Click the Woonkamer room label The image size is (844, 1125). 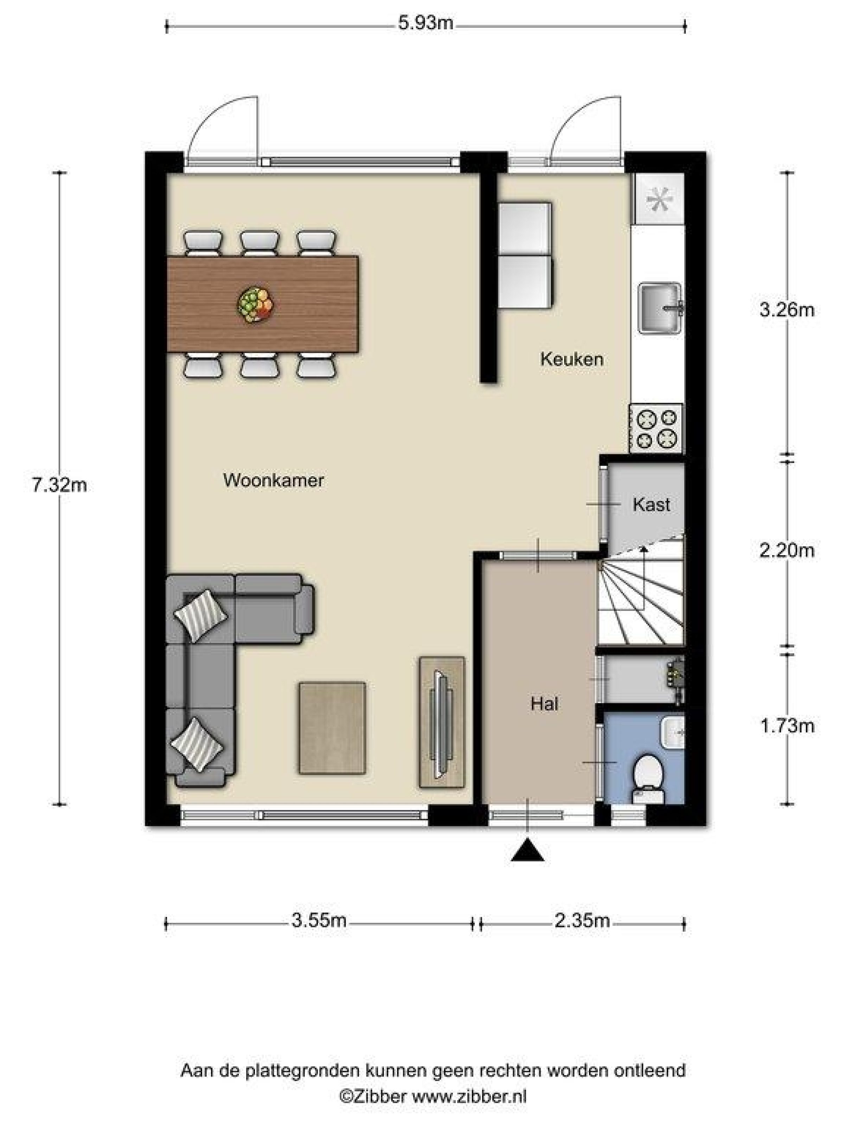273,480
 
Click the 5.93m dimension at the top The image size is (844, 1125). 425,24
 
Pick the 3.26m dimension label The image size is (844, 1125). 787,310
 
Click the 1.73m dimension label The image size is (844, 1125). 787,726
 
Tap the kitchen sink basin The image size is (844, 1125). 660,308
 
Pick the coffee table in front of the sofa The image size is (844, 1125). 332,728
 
